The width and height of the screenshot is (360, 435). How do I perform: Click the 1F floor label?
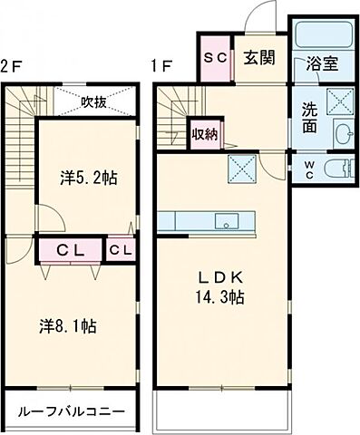point(161,66)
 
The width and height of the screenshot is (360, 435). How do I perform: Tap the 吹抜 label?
point(93,101)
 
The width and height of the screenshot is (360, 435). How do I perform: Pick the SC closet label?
point(214,56)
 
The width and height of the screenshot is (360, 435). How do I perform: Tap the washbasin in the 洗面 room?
point(344,137)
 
